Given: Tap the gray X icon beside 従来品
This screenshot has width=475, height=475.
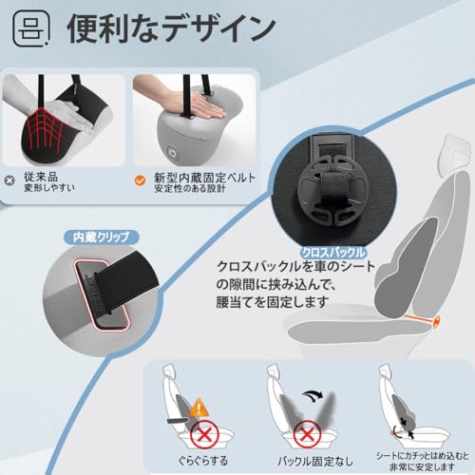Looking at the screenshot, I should (x=10, y=178).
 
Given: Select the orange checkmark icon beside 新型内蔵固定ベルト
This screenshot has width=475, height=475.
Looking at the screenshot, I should (x=140, y=178).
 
